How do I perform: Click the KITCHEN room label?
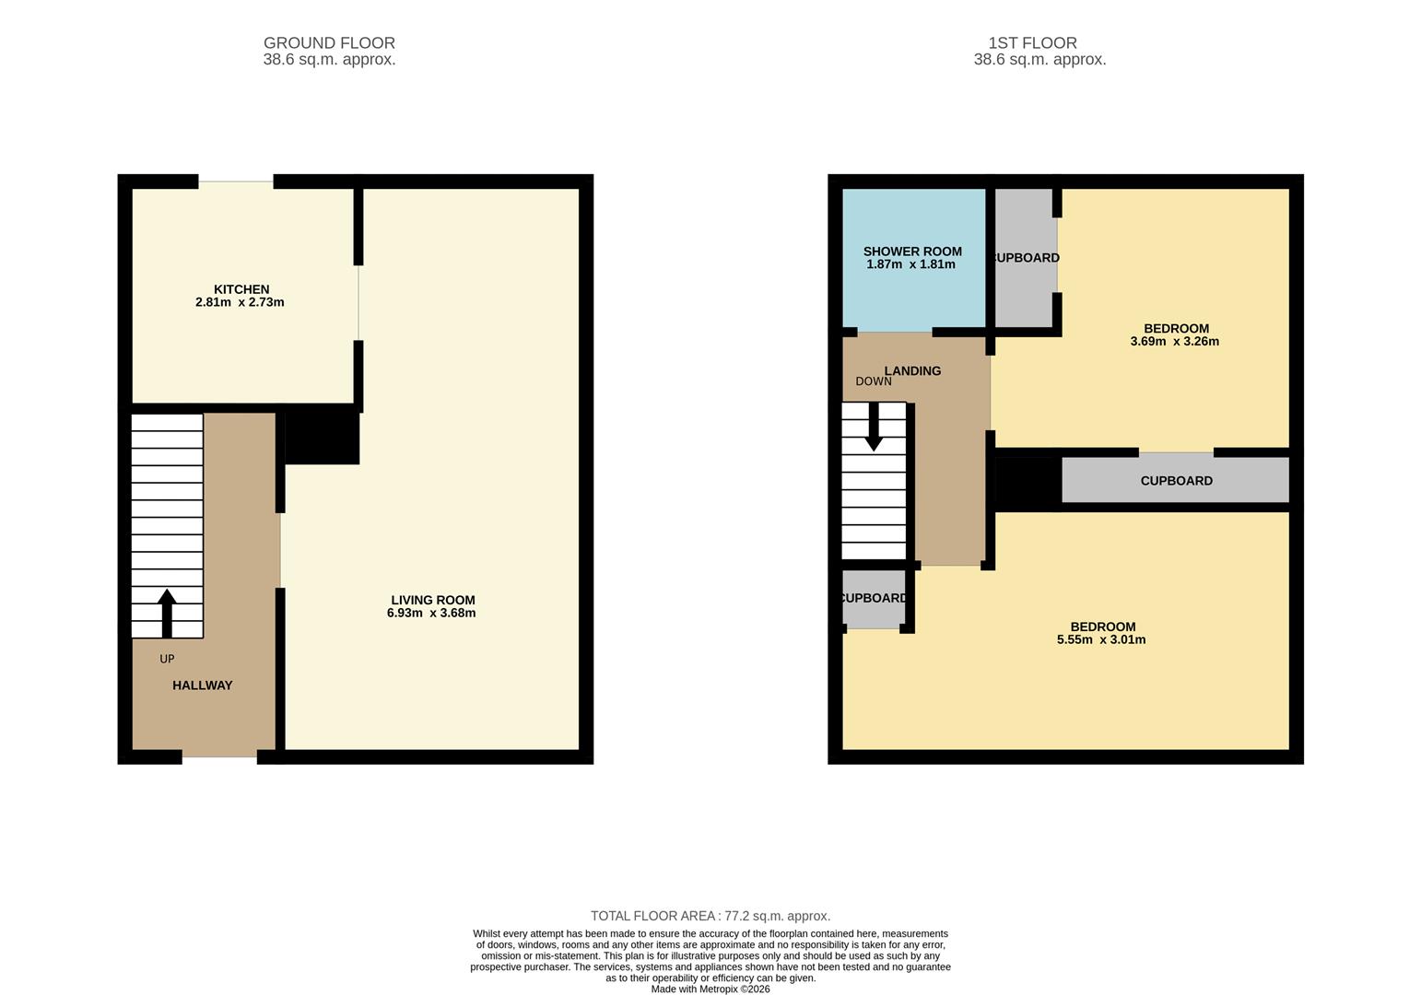[x=241, y=289]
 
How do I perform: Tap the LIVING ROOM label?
[x=431, y=600]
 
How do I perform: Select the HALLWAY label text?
[x=203, y=685]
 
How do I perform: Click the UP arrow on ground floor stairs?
[x=167, y=613]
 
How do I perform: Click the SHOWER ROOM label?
[x=912, y=252]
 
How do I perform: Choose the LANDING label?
[x=912, y=371]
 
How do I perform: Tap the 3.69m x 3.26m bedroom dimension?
[x=1175, y=342]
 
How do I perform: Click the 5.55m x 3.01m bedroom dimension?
[x=1101, y=639]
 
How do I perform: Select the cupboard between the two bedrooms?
[x=1176, y=481]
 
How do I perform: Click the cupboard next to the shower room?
[x=1025, y=258]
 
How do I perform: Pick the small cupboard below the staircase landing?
[x=873, y=599]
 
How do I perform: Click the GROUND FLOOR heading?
[x=329, y=43]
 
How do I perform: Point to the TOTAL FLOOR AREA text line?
[x=710, y=916]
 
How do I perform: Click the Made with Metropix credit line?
[x=710, y=989]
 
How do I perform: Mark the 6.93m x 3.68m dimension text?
[x=431, y=614]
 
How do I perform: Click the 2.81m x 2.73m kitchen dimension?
[x=240, y=302]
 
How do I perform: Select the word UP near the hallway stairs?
[x=167, y=659]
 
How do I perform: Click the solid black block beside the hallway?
[x=322, y=438]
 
